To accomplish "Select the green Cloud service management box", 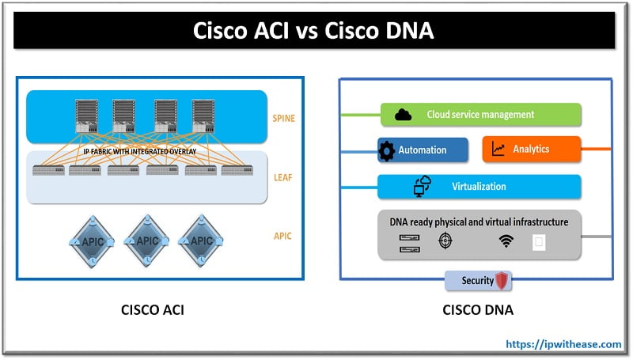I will click(x=481, y=115).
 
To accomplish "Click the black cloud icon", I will click(x=404, y=115).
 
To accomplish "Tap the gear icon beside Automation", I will click(x=387, y=150).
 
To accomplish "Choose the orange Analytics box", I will click(x=531, y=149).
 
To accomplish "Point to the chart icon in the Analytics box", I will click(x=498, y=149).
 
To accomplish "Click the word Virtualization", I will click(x=479, y=187).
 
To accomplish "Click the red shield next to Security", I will click(x=501, y=281).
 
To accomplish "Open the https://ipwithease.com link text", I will click(x=563, y=344).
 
